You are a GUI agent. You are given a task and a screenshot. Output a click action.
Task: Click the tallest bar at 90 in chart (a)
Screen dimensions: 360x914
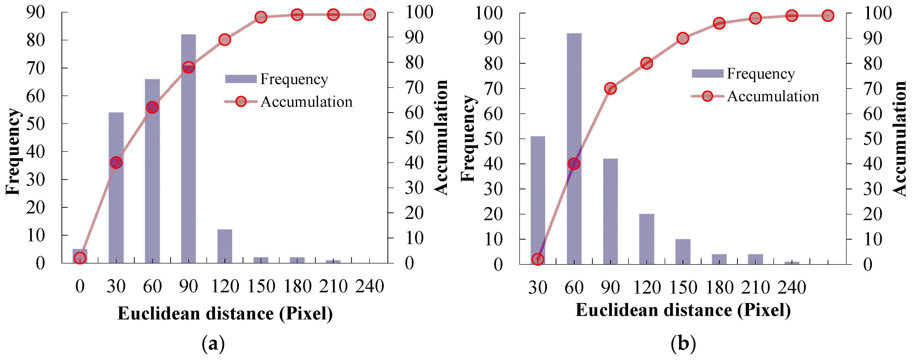(188, 160)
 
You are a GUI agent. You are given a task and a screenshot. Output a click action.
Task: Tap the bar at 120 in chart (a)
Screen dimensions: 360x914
(225, 247)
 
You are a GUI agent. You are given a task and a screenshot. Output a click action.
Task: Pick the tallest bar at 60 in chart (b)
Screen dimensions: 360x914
(574, 106)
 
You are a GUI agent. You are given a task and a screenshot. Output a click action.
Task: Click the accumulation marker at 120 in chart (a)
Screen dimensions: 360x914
(225, 39)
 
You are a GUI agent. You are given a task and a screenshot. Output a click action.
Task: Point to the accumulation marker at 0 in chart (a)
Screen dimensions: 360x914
(80, 258)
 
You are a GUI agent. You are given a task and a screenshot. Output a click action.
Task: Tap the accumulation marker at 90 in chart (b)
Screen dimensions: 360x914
(610, 88)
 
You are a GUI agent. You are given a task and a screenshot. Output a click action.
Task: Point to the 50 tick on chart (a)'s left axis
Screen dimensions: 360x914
(36, 124)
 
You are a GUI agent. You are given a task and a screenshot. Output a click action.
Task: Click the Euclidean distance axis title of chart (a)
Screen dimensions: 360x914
(225, 313)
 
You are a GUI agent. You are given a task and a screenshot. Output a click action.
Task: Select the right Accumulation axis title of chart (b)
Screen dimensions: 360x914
(900, 138)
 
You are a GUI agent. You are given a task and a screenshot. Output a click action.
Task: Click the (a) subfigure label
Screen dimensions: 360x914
(213, 343)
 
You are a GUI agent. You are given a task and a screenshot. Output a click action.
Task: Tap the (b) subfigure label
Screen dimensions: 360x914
(683, 343)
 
